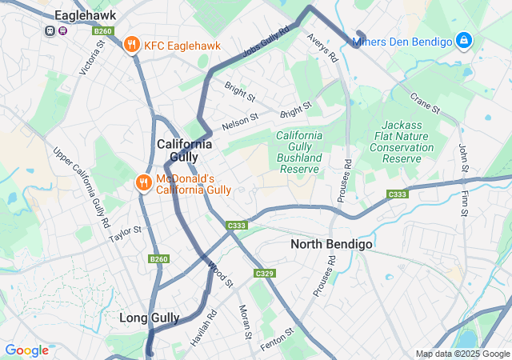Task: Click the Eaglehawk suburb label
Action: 85,15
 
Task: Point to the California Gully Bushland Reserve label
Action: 299,152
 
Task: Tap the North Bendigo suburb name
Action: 331,244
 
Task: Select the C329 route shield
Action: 265,274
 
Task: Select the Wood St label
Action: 220,274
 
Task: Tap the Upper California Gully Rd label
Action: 81,184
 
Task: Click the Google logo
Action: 26,350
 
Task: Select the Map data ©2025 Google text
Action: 462,354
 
